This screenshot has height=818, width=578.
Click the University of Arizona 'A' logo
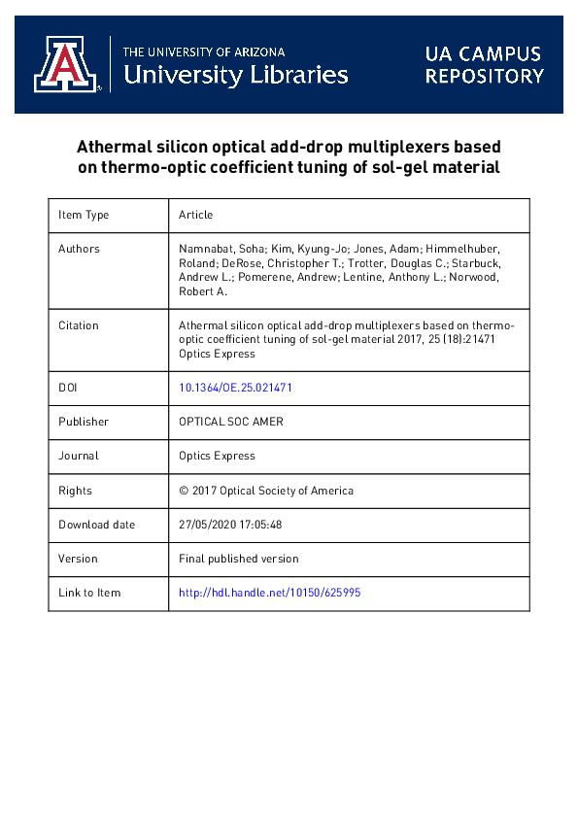[x=67, y=64]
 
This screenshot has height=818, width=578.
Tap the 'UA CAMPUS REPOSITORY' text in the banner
[x=484, y=65]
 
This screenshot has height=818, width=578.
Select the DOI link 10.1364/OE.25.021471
[x=236, y=388]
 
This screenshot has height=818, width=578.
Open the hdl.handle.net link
[x=270, y=593]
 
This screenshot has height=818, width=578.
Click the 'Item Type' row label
[x=85, y=216]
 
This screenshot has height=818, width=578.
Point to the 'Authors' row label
[x=79, y=250]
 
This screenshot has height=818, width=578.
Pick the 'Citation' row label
[x=79, y=326]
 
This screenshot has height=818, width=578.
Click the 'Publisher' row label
[x=84, y=422]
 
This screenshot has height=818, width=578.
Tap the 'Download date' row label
[x=96, y=525]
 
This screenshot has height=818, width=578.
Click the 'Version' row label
[x=78, y=559]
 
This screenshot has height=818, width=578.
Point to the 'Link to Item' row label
[x=89, y=593]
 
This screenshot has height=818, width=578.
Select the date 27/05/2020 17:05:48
[x=230, y=525]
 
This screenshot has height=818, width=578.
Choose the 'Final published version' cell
[x=239, y=559]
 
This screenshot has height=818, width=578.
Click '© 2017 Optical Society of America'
[x=266, y=491]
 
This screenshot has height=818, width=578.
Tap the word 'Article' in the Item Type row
[x=196, y=216]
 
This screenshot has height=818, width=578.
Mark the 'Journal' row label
[x=78, y=456]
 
